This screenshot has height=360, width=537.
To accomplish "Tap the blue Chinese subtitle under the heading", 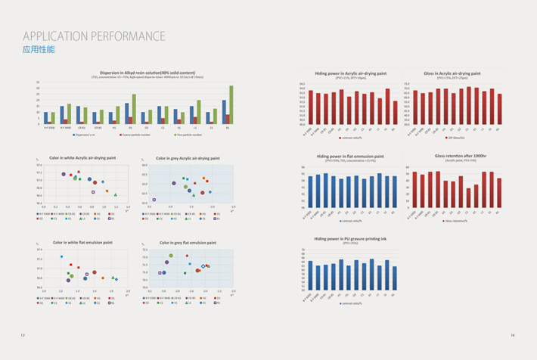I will (39, 50).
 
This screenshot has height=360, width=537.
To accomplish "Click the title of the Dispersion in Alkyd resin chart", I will (140, 73).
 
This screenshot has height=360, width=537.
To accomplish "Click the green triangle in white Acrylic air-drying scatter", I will (116, 194).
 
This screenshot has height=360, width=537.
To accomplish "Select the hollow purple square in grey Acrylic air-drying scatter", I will (154, 200).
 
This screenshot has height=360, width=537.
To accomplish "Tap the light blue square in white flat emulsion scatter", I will (61, 257).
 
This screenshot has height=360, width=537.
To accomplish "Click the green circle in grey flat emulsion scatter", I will (171, 256).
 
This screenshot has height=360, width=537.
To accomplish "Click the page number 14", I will (512, 335).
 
